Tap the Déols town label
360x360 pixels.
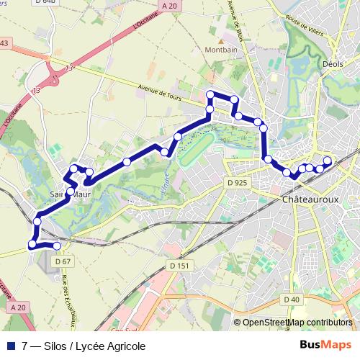333,63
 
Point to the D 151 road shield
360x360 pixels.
181,266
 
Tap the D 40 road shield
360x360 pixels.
292,300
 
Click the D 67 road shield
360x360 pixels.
63,261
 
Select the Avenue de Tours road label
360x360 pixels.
161,90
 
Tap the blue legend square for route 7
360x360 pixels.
12,346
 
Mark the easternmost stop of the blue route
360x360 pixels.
328,161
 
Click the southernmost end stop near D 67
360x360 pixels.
58,247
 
